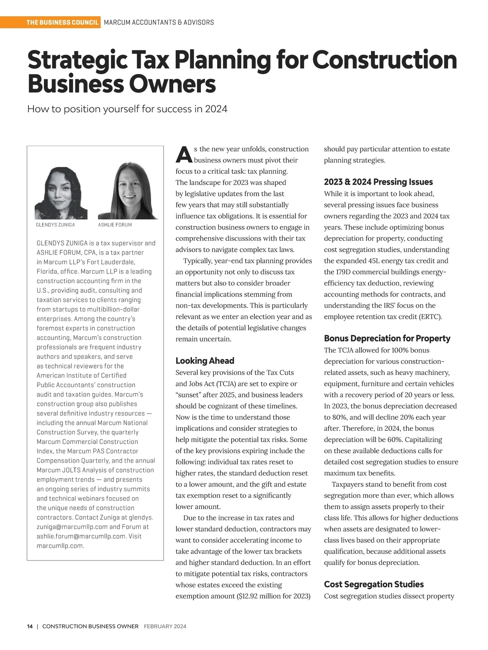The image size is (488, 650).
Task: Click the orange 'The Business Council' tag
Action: pos(62,22)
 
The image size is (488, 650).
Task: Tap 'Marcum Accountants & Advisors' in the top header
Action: pos(159,22)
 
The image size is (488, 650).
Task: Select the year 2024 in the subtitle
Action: pos(216,109)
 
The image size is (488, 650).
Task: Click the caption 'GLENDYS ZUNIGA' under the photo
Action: pos(55,225)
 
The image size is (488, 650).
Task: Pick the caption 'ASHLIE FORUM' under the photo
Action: pos(115,225)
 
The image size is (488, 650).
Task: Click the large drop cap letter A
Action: pos(184,155)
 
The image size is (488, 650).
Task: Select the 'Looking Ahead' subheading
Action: pos(205,361)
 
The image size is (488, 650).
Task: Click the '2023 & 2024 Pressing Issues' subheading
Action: pos(378,182)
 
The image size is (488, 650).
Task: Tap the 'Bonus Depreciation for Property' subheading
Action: pos(387,338)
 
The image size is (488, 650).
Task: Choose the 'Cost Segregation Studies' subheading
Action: pos(374,584)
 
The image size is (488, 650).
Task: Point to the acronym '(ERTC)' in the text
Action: pos(430,316)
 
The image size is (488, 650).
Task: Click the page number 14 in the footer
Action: pos(30,626)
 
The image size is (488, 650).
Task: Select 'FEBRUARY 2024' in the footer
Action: pos(165,626)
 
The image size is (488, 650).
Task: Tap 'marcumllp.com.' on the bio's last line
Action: pos(61,546)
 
